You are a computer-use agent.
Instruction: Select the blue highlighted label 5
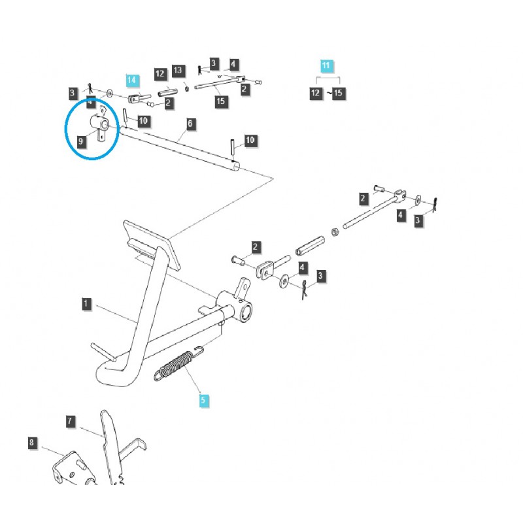tap(204, 399)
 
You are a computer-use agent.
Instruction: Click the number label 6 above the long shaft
tap(190, 124)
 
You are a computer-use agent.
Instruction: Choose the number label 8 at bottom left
tap(33, 443)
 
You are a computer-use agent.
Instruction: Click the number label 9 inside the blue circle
tap(82, 140)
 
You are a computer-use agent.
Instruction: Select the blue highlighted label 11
tap(326, 65)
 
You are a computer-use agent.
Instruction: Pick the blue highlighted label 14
tap(132, 80)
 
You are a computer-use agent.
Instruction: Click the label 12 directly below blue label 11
tap(316, 93)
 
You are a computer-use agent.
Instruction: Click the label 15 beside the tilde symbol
tap(338, 93)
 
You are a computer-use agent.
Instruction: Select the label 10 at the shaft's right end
tap(250, 140)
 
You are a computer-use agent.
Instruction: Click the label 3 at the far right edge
tap(418, 222)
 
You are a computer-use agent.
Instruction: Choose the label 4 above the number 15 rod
tap(233, 65)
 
